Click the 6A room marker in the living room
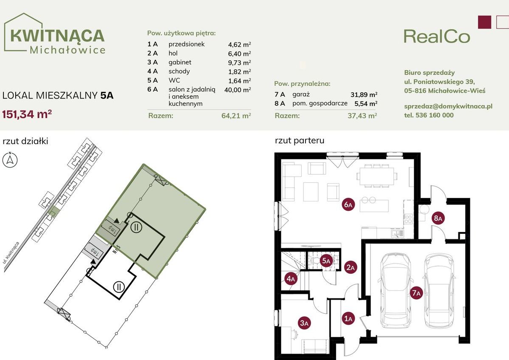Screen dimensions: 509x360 [348, 204]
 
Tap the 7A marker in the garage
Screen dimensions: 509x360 [416, 293]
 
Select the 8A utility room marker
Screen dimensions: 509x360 [438, 218]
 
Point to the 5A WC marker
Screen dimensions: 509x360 [326, 261]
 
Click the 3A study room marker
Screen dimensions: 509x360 [304, 323]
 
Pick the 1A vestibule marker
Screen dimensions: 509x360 [348, 319]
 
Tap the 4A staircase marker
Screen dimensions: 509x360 [291, 278]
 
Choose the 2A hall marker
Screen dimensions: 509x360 [351, 267]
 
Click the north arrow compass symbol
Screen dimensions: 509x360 [10, 160]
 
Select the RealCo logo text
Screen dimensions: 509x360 [437, 37]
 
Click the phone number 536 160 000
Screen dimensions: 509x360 [434, 115]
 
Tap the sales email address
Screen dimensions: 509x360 [448, 106]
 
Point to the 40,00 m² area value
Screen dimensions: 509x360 [238, 90]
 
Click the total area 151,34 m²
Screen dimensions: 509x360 [27, 114]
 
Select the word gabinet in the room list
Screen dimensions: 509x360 [180, 62]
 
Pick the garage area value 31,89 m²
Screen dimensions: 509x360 [364, 94]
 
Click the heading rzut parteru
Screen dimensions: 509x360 [299, 140]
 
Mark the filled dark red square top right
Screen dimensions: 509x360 [485, 22]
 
